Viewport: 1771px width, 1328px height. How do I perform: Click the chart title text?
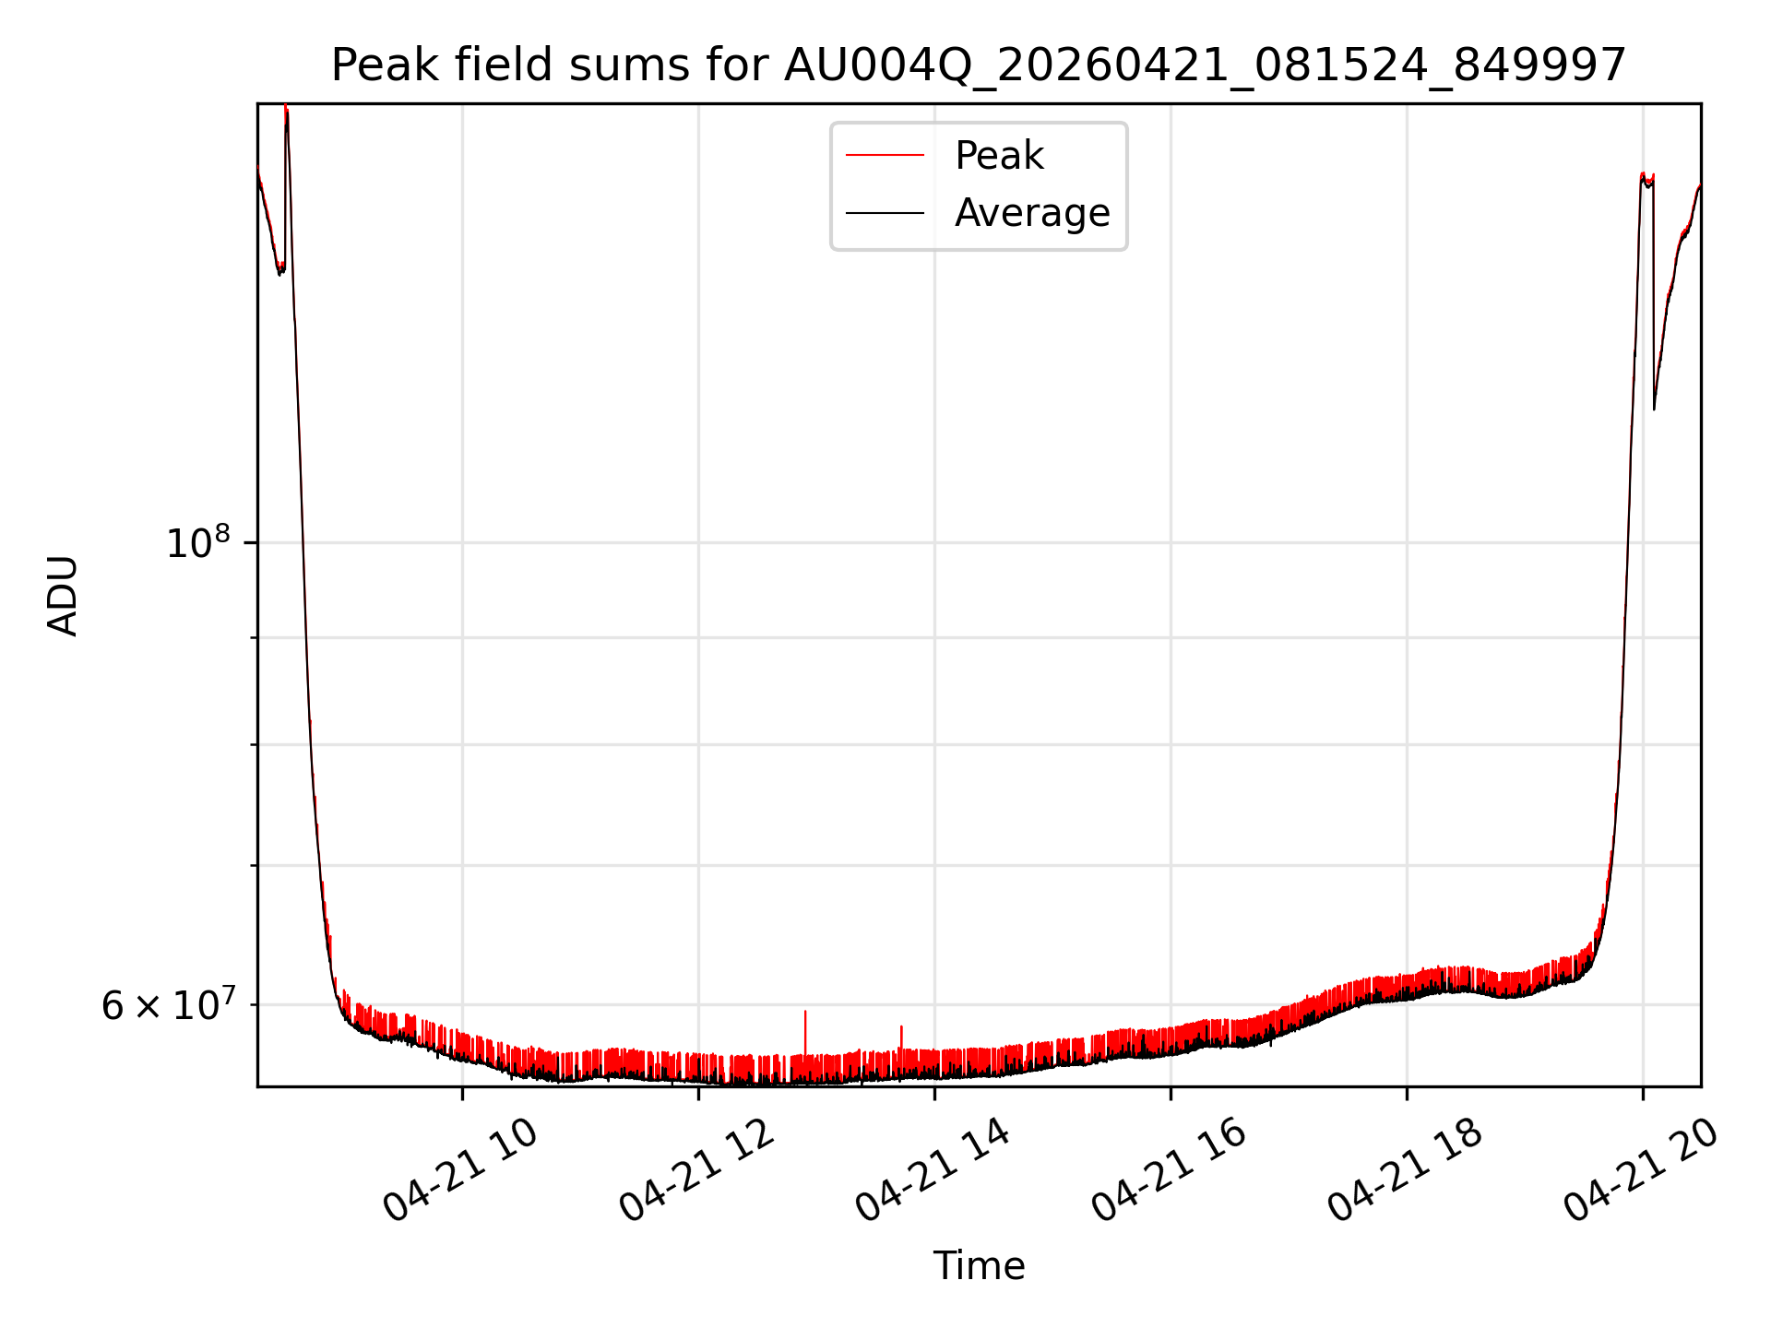(x=979, y=65)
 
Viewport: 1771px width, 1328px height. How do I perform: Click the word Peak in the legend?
(x=999, y=156)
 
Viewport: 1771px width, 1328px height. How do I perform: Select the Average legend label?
(x=1032, y=213)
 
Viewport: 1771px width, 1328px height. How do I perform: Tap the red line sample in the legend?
(x=885, y=156)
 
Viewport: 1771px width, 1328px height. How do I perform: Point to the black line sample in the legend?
(x=885, y=213)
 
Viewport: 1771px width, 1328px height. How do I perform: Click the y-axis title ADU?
(x=63, y=596)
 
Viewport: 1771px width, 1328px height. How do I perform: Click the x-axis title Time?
(x=979, y=1266)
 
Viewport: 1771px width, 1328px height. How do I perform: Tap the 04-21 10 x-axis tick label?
(x=460, y=1171)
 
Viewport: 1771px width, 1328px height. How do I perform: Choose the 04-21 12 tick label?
(x=696, y=1171)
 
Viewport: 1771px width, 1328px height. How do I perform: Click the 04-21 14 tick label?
(x=933, y=1171)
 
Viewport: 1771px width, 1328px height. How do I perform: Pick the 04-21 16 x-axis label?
(x=1169, y=1171)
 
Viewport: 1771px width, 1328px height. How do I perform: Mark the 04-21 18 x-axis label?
(x=1405, y=1171)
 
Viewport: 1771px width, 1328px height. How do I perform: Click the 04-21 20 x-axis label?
(x=1641, y=1171)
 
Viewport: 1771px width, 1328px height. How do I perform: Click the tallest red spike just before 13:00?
(x=805, y=1013)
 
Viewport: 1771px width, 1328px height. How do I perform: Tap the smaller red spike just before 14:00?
(x=901, y=1027)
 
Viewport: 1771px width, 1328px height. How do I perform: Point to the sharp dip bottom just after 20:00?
(x=1654, y=409)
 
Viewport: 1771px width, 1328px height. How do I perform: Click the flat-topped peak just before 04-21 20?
(x=1646, y=178)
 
